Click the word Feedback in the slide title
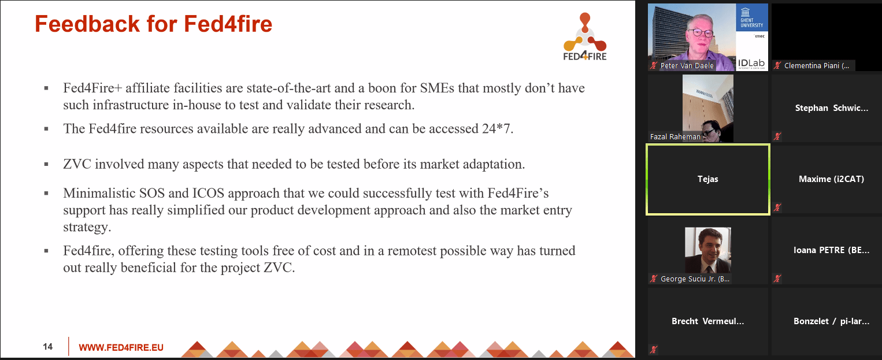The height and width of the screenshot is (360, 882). point(87,24)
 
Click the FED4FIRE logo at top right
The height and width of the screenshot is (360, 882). point(585,37)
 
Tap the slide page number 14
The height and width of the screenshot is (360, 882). point(47,347)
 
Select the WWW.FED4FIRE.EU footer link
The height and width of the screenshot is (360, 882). point(121,347)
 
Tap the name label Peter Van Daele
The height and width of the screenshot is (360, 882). point(687,66)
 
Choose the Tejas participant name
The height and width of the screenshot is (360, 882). point(707,179)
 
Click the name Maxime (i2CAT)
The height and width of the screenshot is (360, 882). point(831,179)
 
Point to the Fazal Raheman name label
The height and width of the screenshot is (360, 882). point(675,137)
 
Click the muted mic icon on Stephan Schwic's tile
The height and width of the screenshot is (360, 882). point(777,137)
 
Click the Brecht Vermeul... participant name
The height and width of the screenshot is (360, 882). point(707,321)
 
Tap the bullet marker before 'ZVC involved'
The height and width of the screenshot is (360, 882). point(46,164)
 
